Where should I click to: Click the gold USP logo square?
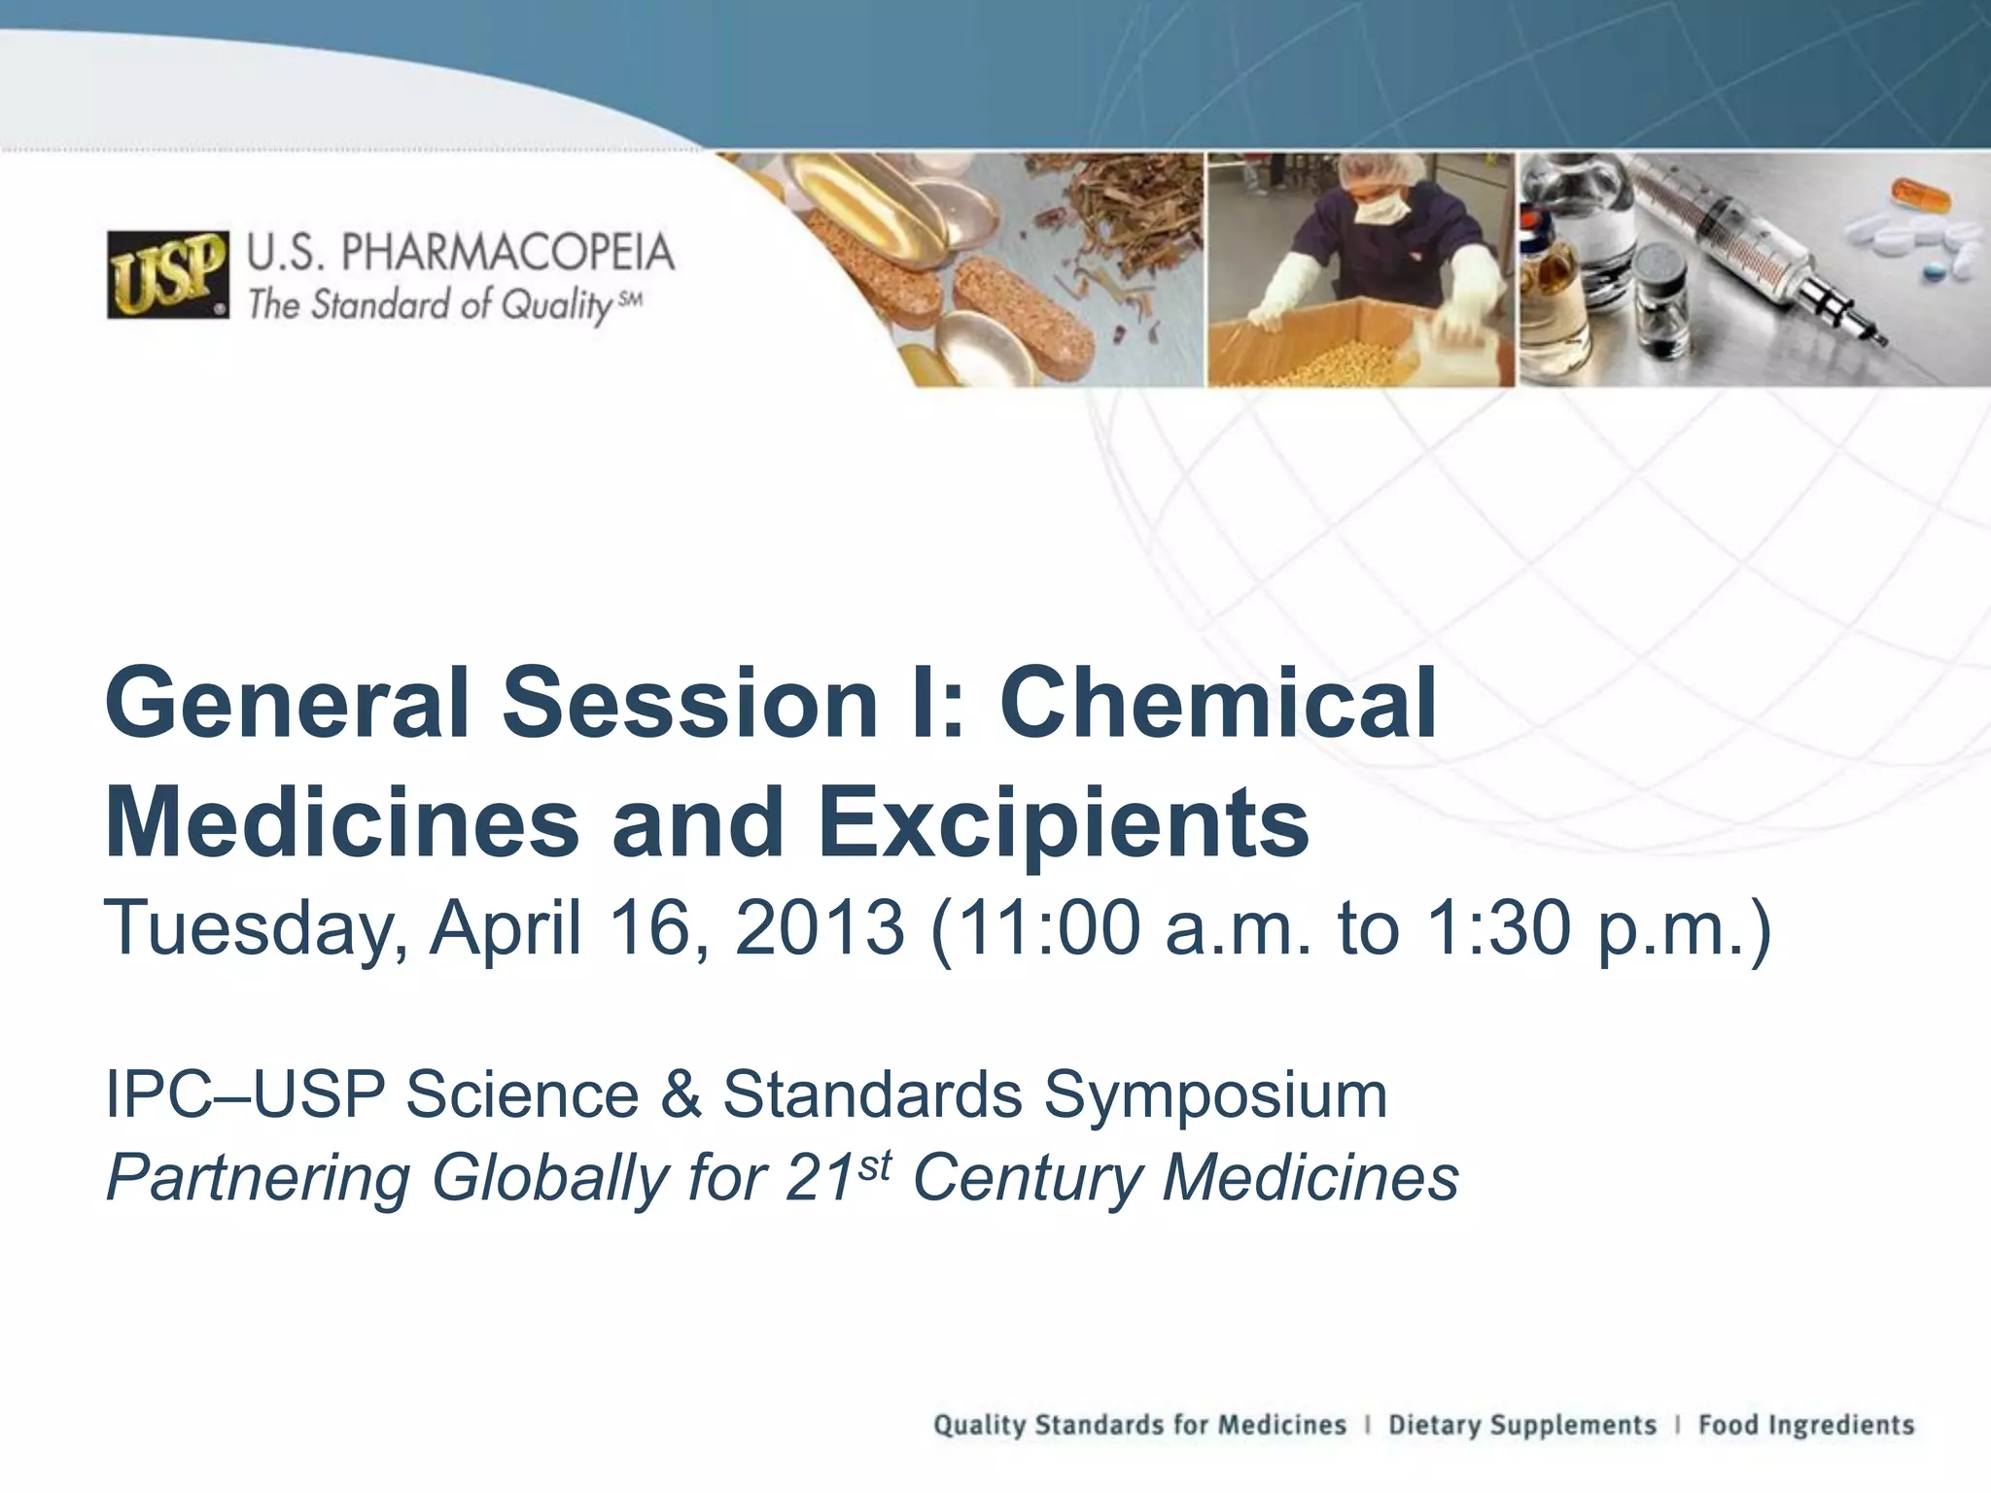tap(168, 276)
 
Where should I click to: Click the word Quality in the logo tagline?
tap(555, 306)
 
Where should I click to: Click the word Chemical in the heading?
tap(1218, 702)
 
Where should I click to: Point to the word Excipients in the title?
tap(1064, 823)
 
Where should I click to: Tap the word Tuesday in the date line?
tap(255, 928)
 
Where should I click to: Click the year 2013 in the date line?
tap(819, 928)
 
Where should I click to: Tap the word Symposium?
tap(1215, 1094)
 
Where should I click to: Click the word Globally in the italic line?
tap(550, 1178)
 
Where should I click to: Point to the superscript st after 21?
tap(875, 1164)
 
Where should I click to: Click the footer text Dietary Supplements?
tap(1521, 1425)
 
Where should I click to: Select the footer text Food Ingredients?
tap(1806, 1425)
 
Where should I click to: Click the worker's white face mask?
tap(1380, 209)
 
